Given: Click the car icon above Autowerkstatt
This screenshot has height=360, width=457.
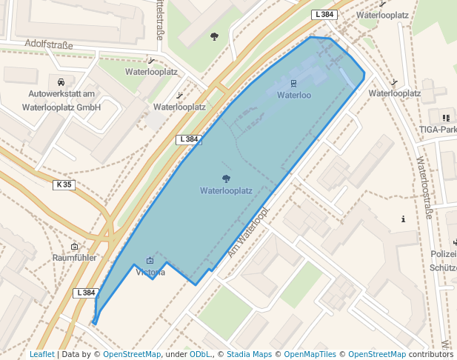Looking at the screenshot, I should tap(61, 81).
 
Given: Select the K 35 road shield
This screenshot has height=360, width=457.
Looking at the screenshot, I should tap(64, 184).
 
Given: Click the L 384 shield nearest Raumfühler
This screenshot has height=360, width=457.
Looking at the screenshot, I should tap(86, 293).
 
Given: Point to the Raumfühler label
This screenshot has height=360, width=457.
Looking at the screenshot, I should tap(75, 257).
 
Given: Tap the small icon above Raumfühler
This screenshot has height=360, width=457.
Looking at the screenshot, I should tap(75, 246).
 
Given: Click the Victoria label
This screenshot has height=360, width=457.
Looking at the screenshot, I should tap(150, 272).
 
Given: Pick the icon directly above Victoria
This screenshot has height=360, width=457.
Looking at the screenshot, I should tap(150, 260).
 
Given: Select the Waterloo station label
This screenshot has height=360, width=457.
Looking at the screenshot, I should tap(294, 95).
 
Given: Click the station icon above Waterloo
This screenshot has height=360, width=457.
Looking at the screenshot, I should tap(294, 83).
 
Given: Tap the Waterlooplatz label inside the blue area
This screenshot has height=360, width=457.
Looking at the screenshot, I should tap(226, 190).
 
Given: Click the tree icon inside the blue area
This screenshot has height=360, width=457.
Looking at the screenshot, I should tap(226, 178).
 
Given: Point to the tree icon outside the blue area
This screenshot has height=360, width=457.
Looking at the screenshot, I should tap(214, 36).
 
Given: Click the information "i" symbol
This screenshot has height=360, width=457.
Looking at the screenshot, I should tap(403, 219).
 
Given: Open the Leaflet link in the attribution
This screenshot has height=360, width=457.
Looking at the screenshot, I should tap(41, 354).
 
